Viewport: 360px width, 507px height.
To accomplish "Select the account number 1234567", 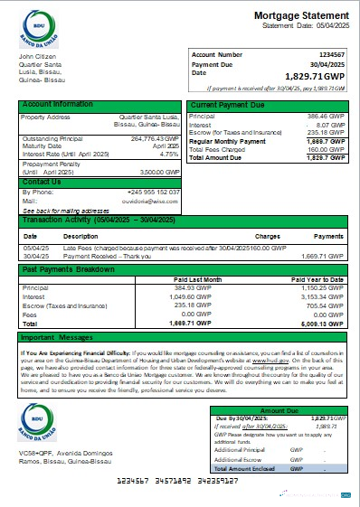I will [x=328, y=55].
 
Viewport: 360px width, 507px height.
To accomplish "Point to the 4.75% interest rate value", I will [x=169, y=155].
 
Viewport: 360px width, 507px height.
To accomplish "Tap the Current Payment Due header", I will [x=228, y=106].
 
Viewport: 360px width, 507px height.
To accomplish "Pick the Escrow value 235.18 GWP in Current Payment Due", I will [x=328, y=132].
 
